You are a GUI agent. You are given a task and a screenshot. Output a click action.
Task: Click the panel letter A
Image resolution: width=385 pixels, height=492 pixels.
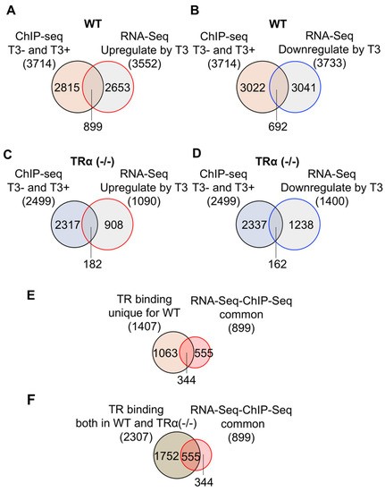11,11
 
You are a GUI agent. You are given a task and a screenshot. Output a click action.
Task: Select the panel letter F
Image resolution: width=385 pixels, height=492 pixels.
30,401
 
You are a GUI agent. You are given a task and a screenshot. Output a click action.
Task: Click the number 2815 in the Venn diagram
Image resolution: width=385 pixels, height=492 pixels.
67,88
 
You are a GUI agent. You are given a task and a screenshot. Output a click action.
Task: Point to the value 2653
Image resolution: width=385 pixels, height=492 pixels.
118,88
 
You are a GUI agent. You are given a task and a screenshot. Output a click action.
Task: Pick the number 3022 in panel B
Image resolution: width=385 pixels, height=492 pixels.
253,88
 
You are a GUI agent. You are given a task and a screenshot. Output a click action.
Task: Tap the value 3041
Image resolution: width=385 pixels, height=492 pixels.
303,88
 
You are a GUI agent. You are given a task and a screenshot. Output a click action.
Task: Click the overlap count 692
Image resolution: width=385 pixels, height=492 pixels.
278,126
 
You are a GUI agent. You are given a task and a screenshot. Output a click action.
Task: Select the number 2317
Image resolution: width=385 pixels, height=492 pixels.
67,225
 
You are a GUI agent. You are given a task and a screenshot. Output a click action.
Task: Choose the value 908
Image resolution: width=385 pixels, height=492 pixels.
113,225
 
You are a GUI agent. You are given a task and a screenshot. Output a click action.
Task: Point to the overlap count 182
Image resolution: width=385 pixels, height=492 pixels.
93,264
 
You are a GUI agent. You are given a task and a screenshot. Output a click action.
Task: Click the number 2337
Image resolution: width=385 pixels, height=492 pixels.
254,225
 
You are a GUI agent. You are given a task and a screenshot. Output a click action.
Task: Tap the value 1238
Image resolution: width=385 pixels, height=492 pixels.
301,225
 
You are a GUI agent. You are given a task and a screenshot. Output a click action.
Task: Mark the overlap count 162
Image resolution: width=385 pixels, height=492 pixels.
278,264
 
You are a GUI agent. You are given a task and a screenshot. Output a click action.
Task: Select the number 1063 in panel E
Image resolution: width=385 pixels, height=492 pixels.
165,353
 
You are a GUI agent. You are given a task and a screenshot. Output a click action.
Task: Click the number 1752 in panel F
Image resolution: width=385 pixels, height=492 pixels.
166,456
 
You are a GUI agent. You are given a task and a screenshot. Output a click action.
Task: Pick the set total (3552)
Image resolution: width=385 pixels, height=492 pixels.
145,64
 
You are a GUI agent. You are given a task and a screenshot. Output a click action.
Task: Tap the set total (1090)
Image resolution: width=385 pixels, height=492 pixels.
145,201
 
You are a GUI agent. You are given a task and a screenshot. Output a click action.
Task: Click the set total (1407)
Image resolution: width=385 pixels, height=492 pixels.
145,327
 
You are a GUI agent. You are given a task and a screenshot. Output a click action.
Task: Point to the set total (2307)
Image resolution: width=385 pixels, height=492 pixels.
136,437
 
